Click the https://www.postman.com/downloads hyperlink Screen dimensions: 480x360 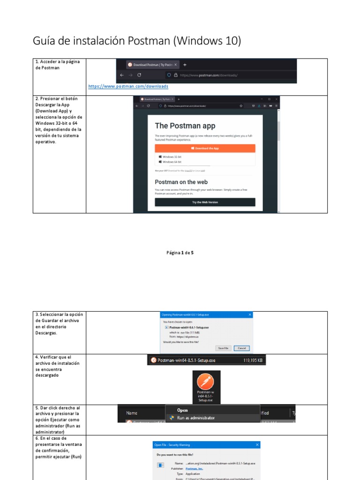click(x=128, y=87)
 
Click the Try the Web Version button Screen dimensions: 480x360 click(x=205, y=202)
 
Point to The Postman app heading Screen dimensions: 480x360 click(x=185, y=126)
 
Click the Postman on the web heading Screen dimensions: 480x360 click(x=181, y=182)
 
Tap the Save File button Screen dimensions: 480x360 click(x=222, y=348)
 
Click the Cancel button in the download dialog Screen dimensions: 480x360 click(x=242, y=348)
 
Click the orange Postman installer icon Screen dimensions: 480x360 click(x=206, y=381)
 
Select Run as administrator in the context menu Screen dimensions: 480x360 click(x=195, y=418)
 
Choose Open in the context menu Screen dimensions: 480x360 click(x=182, y=410)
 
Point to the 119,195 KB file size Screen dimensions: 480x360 click(x=253, y=360)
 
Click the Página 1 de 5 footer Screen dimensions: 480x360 click(x=180, y=253)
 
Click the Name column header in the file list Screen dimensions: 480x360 click(x=132, y=413)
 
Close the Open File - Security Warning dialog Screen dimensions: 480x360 click(x=256, y=444)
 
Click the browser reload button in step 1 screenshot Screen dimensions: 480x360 click(x=140, y=75)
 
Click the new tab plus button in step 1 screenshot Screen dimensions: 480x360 click(x=185, y=65)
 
